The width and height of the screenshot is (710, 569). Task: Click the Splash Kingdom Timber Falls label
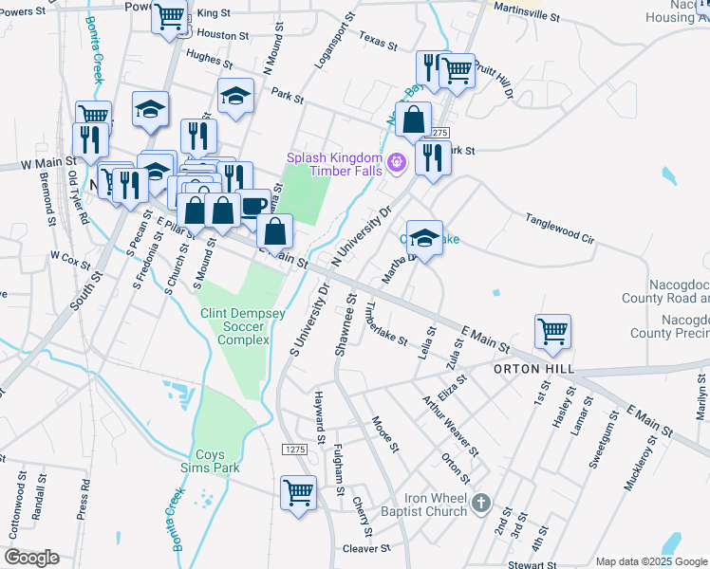(x=336, y=163)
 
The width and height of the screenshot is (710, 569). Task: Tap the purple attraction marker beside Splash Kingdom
(x=397, y=163)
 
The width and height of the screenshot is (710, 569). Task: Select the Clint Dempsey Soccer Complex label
(x=234, y=326)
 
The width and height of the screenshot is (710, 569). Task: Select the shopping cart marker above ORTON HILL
(x=552, y=331)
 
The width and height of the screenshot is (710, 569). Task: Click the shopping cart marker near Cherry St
(x=298, y=492)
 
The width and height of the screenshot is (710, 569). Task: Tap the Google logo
(x=31, y=558)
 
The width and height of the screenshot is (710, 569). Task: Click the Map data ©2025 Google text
(x=650, y=561)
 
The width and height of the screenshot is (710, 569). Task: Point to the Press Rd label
(x=85, y=494)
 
